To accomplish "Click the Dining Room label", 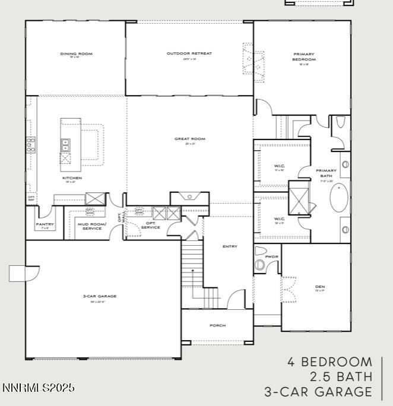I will pyautogui.click(x=76, y=54).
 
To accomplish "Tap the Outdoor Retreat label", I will pyautogui.click(x=189, y=54).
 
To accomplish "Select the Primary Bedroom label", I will pyautogui.click(x=304, y=57).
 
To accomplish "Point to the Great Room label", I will pyautogui.click(x=189, y=139).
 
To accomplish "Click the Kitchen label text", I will pyautogui.click(x=72, y=178).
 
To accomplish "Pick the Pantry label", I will pyautogui.click(x=45, y=224).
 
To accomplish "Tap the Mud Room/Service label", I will pyautogui.click(x=91, y=226).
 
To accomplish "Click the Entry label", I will pyautogui.click(x=230, y=246).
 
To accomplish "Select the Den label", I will pyautogui.click(x=320, y=287).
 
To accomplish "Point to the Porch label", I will pyautogui.click(x=218, y=325).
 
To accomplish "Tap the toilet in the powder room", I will pyautogui.click(x=259, y=264).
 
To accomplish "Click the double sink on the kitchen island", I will pyautogui.click(x=65, y=145).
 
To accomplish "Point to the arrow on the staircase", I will pyautogui.click(x=194, y=273).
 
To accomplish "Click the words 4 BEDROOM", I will pyautogui.click(x=330, y=361).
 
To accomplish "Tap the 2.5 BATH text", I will pyautogui.click(x=341, y=376).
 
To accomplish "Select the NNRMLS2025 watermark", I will pyautogui.click(x=39, y=388).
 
